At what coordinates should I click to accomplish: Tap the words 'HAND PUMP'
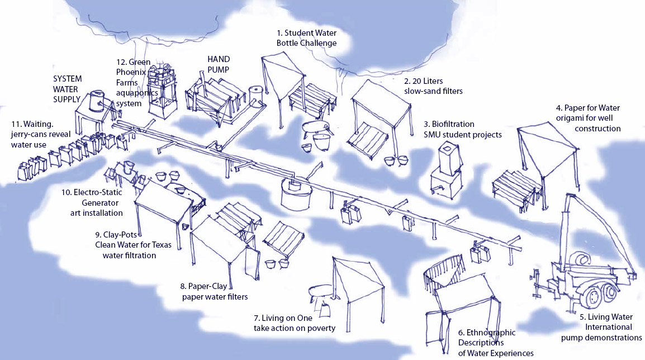[x=219, y=63]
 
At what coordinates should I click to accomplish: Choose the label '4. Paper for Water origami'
[x=587, y=118]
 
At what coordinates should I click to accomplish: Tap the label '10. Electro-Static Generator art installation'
[x=92, y=202]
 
